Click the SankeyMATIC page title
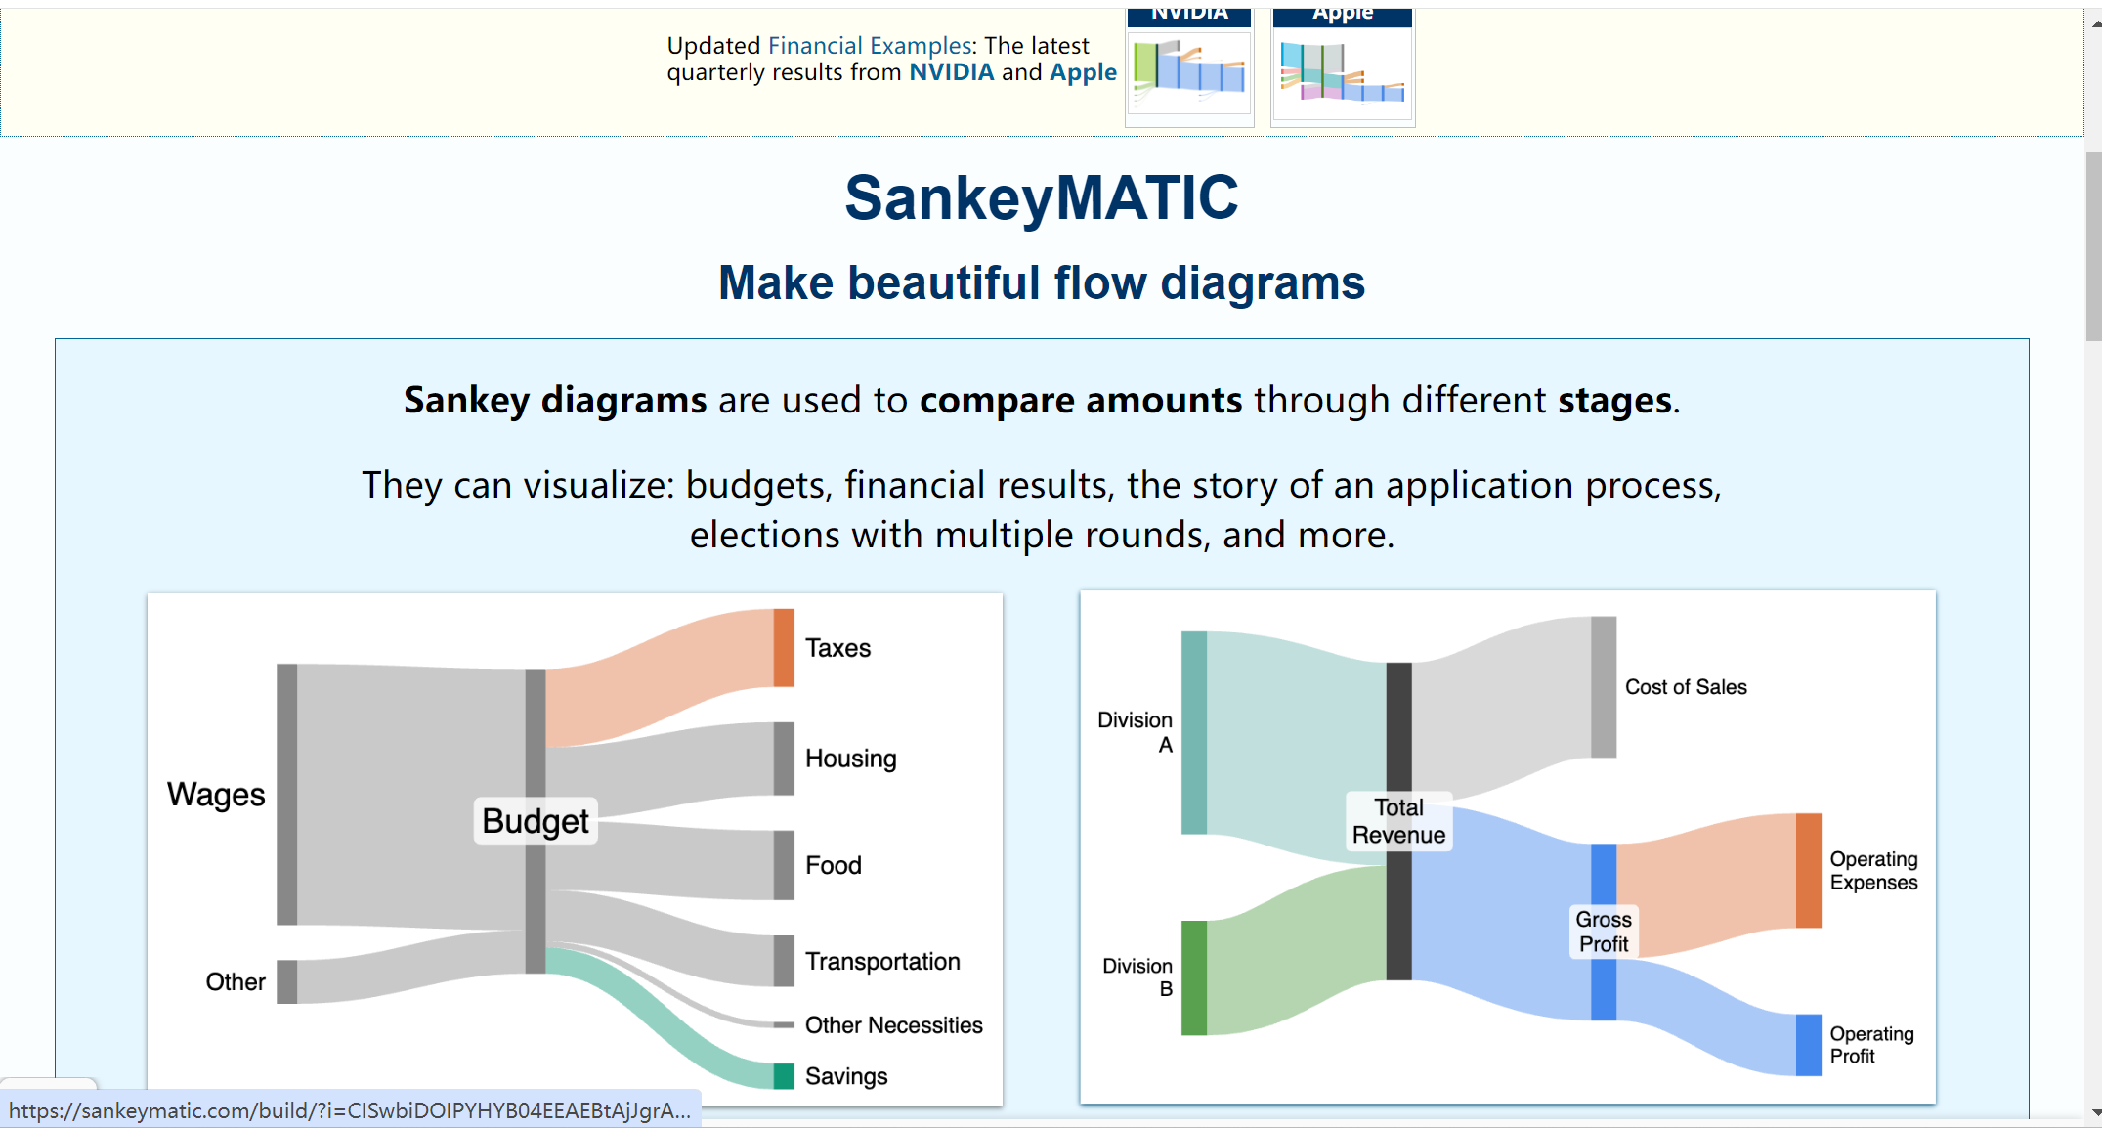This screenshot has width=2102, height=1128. [x=1042, y=198]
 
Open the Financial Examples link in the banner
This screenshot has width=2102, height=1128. [x=870, y=46]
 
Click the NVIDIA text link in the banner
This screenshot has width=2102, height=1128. [x=952, y=72]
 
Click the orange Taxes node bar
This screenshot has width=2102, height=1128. [x=784, y=647]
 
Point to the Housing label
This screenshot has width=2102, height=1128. [x=851, y=759]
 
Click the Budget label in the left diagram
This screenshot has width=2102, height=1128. [x=536, y=821]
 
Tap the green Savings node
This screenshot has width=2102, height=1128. [x=784, y=1075]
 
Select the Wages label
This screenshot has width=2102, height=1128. [x=216, y=795]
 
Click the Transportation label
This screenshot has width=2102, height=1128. [x=882, y=961]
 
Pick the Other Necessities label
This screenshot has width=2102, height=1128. [x=894, y=1024]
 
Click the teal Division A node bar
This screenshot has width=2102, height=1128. [x=1194, y=732]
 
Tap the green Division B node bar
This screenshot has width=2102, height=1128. [x=1194, y=977]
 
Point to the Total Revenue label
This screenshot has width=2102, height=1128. [x=1398, y=821]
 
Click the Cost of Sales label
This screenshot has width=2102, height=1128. [x=1686, y=687]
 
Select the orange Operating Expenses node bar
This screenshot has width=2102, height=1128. [x=1809, y=870]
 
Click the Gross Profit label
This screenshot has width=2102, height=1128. [x=1604, y=932]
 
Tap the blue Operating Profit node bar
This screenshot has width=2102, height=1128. [x=1809, y=1045]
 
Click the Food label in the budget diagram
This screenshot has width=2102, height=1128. [x=834, y=865]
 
